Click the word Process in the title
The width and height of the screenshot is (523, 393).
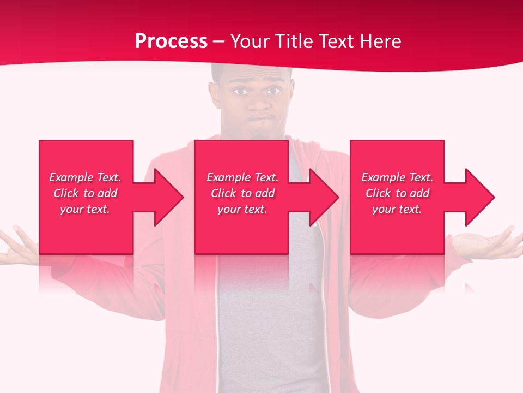point(171,41)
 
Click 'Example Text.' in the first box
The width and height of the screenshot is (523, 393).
point(86,177)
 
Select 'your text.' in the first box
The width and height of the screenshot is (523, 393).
point(86,209)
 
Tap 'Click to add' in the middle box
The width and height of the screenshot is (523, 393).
point(242,193)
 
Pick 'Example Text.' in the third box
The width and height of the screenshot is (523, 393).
point(397,177)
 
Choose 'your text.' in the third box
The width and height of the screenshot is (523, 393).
point(397,209)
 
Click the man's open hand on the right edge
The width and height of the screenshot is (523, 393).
point(490,243)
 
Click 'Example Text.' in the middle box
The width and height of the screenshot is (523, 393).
point(242,177)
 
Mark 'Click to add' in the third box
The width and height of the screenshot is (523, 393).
point(397,193)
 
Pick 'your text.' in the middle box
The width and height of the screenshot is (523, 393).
point(242,209)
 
